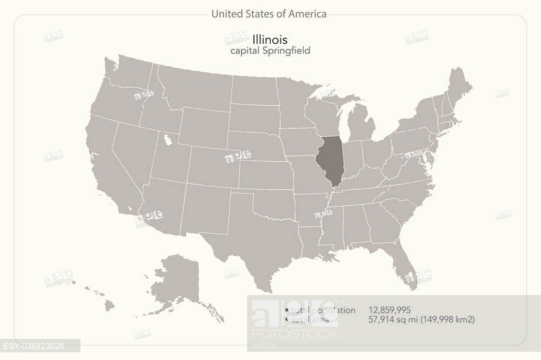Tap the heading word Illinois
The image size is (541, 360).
pos(270,39)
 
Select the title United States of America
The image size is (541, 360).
pos(269,14)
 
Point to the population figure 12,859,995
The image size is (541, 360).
pos(389,310)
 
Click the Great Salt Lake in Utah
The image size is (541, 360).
pos(167,139)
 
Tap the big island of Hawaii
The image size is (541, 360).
pos(110,305)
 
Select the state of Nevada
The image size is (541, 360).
pos(134,150)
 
